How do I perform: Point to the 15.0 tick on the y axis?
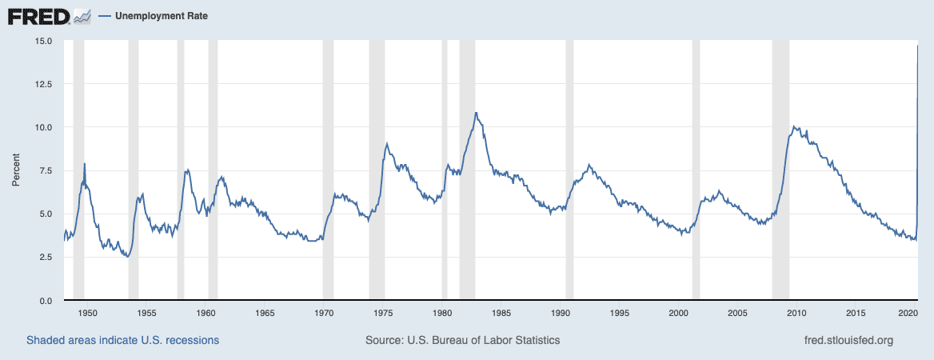pyautogui.click(x=44, y=41)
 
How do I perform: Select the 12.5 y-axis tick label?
pyautogui.click(x=44, y=84)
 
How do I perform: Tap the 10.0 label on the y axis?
pyautogui.click(x=44, y=127)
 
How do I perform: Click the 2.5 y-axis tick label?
pyautogui.click(x=46, y=257)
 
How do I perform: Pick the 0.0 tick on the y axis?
pyautogui.click(x=46, y=300)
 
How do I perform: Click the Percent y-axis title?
pyautogui.click(x=16, y=170)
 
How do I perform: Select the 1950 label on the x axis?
pyautogui.click(x=88, y=313)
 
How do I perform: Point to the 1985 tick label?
pyautogui.click(x=501, y=313)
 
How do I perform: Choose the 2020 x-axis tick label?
pyautogui.click(x=914, y=313)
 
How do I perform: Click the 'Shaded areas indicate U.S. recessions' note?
pyautogui.click(x=122, y=340)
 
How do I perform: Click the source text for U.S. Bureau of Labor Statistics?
pyautogui.click(x=462, y=340)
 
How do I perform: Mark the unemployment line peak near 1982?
pyautogui.click(x=476, y=113)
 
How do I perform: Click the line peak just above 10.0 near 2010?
pyautogui.click(x=793, y=126)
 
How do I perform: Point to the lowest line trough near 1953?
pyautogui.click(x=127, y=256)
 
